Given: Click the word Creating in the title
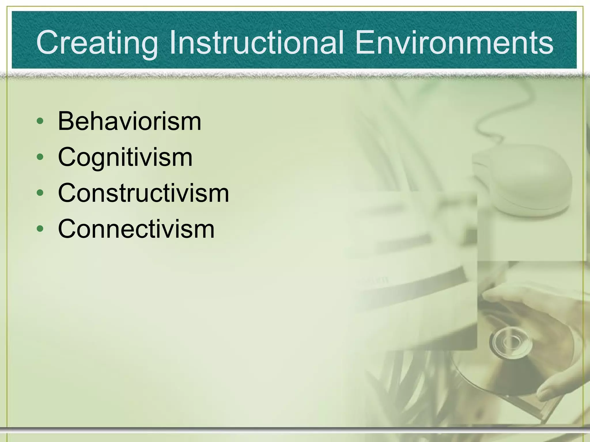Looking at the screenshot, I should point(97,43).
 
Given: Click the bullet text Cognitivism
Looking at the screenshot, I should point(125,158).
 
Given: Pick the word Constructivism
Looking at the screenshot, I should point(143,193).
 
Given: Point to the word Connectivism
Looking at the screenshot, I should point(136,229).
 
